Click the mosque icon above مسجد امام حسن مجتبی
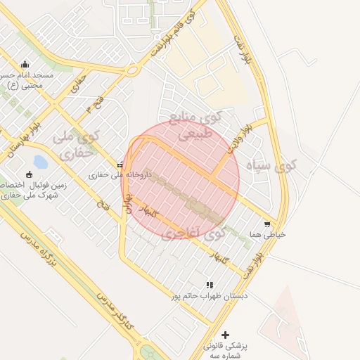tap(25, 65)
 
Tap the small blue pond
tap(40, 162)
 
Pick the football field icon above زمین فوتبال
tap(29, 174)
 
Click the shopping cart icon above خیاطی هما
tap(266, 224)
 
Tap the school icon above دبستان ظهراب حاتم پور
tap(210, 285)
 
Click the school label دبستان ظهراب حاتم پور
tap(209, 296)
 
